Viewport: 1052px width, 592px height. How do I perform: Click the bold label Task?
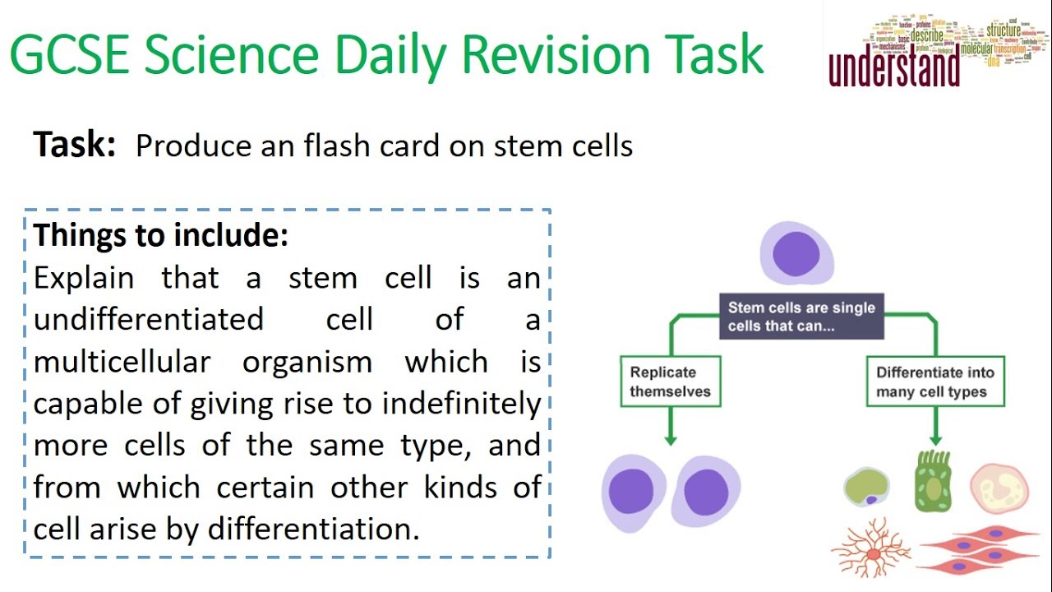point(75,146)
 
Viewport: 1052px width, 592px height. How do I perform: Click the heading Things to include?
point(161,235)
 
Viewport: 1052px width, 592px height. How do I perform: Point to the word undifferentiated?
point(149,319)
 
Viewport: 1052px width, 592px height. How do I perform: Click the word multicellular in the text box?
point(122,362)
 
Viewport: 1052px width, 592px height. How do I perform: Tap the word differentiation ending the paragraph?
point(313,529)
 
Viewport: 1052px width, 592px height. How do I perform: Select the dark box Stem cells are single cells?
point(801,317)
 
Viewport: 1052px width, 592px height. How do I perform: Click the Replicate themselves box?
point(670,382)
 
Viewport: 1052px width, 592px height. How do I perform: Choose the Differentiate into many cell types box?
point(934,382)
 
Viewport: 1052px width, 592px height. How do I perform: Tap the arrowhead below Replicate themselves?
point(670,440)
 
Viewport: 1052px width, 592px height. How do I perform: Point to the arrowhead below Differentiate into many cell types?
point(934,440)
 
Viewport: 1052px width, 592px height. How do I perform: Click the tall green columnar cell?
point(933,482)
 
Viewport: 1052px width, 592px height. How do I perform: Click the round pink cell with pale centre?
point(999,488)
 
